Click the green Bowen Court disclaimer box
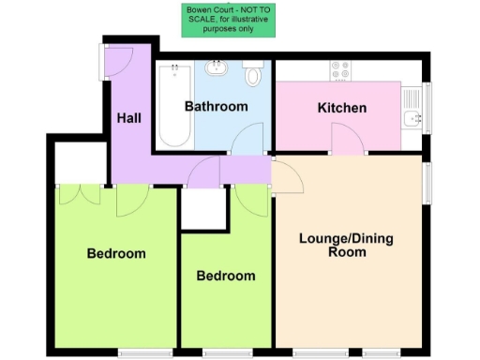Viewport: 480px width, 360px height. (x=229, y=20)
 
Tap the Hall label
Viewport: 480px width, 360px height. (x=128, y=119)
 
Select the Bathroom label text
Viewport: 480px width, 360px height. (x=216, y=106)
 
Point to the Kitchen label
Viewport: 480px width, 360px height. (x=342, y=108)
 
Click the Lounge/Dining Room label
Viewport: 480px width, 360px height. (x=346, y=245)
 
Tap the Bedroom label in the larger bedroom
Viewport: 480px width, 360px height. (x=116, y=253)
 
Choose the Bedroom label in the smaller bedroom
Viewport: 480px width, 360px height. (x=226, y=276)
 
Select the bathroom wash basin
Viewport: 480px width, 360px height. (x=218, y=68)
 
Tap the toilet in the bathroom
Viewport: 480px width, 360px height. (x=253, y=74)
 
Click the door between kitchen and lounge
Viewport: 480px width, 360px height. (x=348, y=142)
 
